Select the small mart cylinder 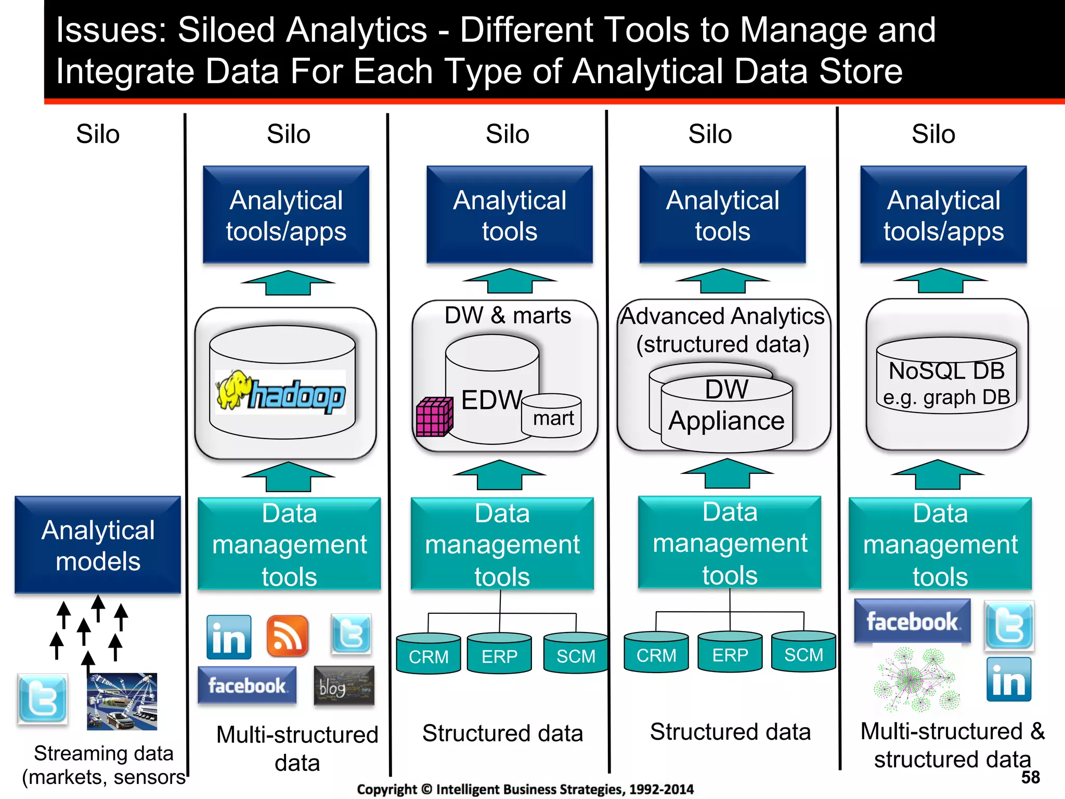(552, 416)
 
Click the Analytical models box (98, 545)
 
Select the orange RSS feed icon (287, 636)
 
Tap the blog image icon (344, 686)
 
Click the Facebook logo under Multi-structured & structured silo (912, 621)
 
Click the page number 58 (1030, 777)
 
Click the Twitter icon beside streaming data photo (43, 699)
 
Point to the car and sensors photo (122, 701)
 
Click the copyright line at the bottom (525, 789)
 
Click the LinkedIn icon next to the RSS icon (229, 637)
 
